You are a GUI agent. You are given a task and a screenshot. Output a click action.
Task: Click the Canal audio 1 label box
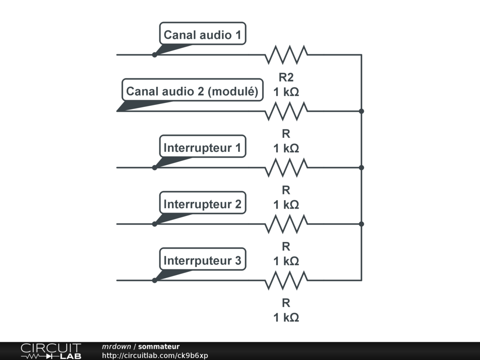(202, 35)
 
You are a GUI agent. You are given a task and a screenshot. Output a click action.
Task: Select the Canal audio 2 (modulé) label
(192, 91)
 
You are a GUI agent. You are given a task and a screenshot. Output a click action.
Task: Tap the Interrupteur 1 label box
(202, 148)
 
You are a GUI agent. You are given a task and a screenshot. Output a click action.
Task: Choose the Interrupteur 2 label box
(202, 204)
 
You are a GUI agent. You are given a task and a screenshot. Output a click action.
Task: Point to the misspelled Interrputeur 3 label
(202, 261)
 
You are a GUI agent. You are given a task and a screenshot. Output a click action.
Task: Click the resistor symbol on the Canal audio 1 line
(286, 55)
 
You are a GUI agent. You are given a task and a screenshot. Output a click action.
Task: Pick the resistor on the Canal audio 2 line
(286, 111)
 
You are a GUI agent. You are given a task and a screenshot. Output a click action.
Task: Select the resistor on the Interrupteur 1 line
(286, 167)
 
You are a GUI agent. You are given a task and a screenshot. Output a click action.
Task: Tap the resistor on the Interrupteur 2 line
(286, 224)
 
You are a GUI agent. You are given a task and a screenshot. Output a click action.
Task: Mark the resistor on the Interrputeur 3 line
(286, 280)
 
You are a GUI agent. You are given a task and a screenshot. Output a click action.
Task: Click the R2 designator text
(286, 78)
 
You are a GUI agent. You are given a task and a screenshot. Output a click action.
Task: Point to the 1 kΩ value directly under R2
(286, 92)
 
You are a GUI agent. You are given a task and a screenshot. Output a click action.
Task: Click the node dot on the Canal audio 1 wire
(155, 55)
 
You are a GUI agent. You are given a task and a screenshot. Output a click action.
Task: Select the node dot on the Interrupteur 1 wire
(155, 167)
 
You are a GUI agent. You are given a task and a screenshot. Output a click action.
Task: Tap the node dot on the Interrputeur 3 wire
(155, 280)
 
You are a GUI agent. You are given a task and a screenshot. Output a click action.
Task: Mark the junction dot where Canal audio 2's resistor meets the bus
(361, 111)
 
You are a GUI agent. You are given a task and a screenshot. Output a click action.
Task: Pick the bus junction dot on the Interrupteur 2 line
(361, 224)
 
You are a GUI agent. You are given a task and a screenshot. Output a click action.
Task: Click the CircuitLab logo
(51, 351)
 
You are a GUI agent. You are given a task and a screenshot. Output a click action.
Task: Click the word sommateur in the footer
(159, 346)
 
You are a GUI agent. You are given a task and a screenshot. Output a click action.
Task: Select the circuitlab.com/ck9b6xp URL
(155, 355)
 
